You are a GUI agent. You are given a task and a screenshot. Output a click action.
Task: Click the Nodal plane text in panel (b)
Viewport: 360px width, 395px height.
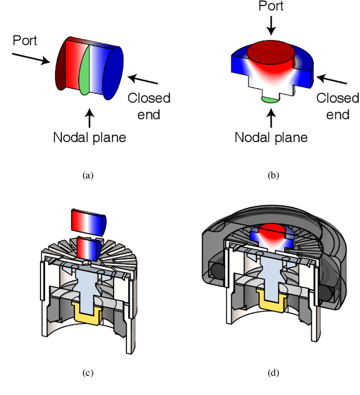[x=271, y=137]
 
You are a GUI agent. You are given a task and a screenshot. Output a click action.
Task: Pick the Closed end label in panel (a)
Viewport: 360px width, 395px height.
[x=148, y=107]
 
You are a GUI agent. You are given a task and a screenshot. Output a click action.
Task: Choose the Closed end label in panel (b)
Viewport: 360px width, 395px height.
[x=337, y=106]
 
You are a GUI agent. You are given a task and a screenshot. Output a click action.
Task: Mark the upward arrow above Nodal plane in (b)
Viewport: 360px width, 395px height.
[x=271, y=119]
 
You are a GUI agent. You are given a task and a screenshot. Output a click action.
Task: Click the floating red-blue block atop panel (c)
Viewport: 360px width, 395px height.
[x=88, y=221]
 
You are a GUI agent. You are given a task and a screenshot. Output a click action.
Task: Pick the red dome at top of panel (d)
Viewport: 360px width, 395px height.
[x=272, y=228]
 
